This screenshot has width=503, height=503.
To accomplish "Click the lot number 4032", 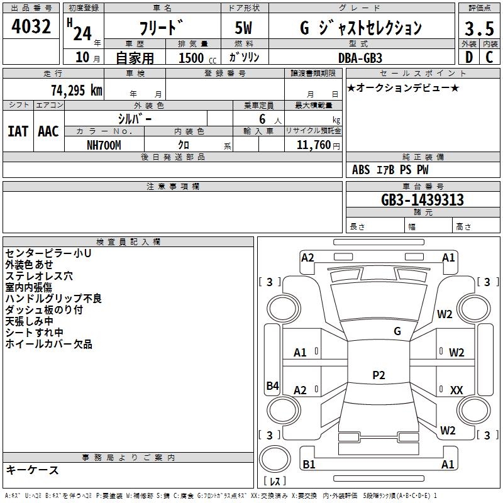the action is [x=31, y=26].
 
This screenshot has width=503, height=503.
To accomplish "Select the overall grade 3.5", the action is [x=479, y=28].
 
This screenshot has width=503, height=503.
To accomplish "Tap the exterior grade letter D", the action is [x=469, y=57].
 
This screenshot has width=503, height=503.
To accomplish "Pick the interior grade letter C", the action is [x=489, y=57].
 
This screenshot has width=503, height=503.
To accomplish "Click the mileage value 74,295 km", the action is [x=77, y=90].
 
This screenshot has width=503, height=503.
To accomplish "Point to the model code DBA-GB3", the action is [x=360, y=58].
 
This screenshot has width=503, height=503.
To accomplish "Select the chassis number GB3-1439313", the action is [x=423, y=200].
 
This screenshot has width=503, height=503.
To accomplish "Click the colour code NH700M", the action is [x=104, y=145].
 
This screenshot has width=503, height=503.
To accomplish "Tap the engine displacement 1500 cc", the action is [x=197, y=58].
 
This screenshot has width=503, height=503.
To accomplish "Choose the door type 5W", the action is [x=243, y=28].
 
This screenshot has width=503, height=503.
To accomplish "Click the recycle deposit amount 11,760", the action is [x=314, y=145].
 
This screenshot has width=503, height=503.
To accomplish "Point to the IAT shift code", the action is [x=18, y=131].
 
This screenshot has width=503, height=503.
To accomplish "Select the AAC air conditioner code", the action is [x=48, y=131].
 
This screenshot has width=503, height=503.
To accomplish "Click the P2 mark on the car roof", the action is [x=379, y=375].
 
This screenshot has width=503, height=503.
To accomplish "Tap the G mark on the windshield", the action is [x=397, y=331].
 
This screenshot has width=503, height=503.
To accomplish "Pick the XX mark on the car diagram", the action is [x=456, y=390].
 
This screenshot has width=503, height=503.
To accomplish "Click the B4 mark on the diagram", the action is [x=273, y=385].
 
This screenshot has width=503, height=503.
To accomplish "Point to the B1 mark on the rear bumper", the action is [x=309, y=464].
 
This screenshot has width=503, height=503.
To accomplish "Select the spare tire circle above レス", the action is [x=275, y=459].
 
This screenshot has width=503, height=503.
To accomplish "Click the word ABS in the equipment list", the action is [x=361, y=170].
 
